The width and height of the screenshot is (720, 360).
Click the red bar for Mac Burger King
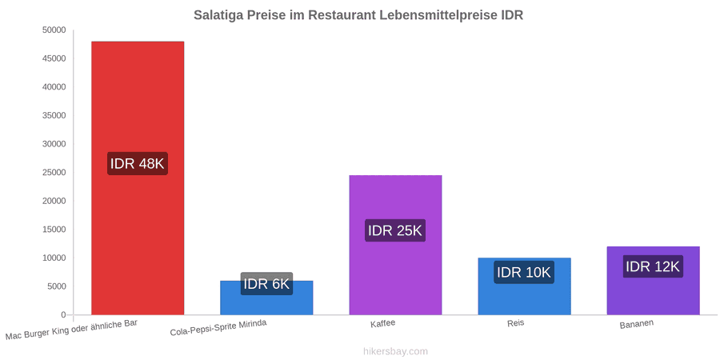(138, 178)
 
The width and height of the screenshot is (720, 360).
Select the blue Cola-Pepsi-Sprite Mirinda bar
(266, 298)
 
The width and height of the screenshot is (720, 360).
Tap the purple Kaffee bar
(395, 246)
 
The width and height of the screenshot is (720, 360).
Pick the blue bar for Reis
(524, 286)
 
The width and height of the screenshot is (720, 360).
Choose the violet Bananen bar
(654, 281)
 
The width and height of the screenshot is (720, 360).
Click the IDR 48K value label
(138, 163)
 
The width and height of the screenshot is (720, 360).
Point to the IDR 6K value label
(266, 284)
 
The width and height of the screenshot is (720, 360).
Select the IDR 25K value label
(395, 230)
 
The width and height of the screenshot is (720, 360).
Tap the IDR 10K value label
(524, 272)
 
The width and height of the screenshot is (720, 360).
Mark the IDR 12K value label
(653, 266)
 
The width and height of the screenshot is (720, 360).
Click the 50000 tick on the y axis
(54, 30)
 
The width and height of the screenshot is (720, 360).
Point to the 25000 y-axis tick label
(54, 173)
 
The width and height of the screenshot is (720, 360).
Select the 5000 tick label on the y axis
(57, 286)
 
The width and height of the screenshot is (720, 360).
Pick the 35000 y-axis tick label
(54, 116)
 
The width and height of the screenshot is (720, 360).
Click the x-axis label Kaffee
(383, 324)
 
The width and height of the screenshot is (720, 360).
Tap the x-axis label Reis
(516, 323)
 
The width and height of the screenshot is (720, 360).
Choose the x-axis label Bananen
(637, 324)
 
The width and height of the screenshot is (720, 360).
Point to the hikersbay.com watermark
(395, 351)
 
